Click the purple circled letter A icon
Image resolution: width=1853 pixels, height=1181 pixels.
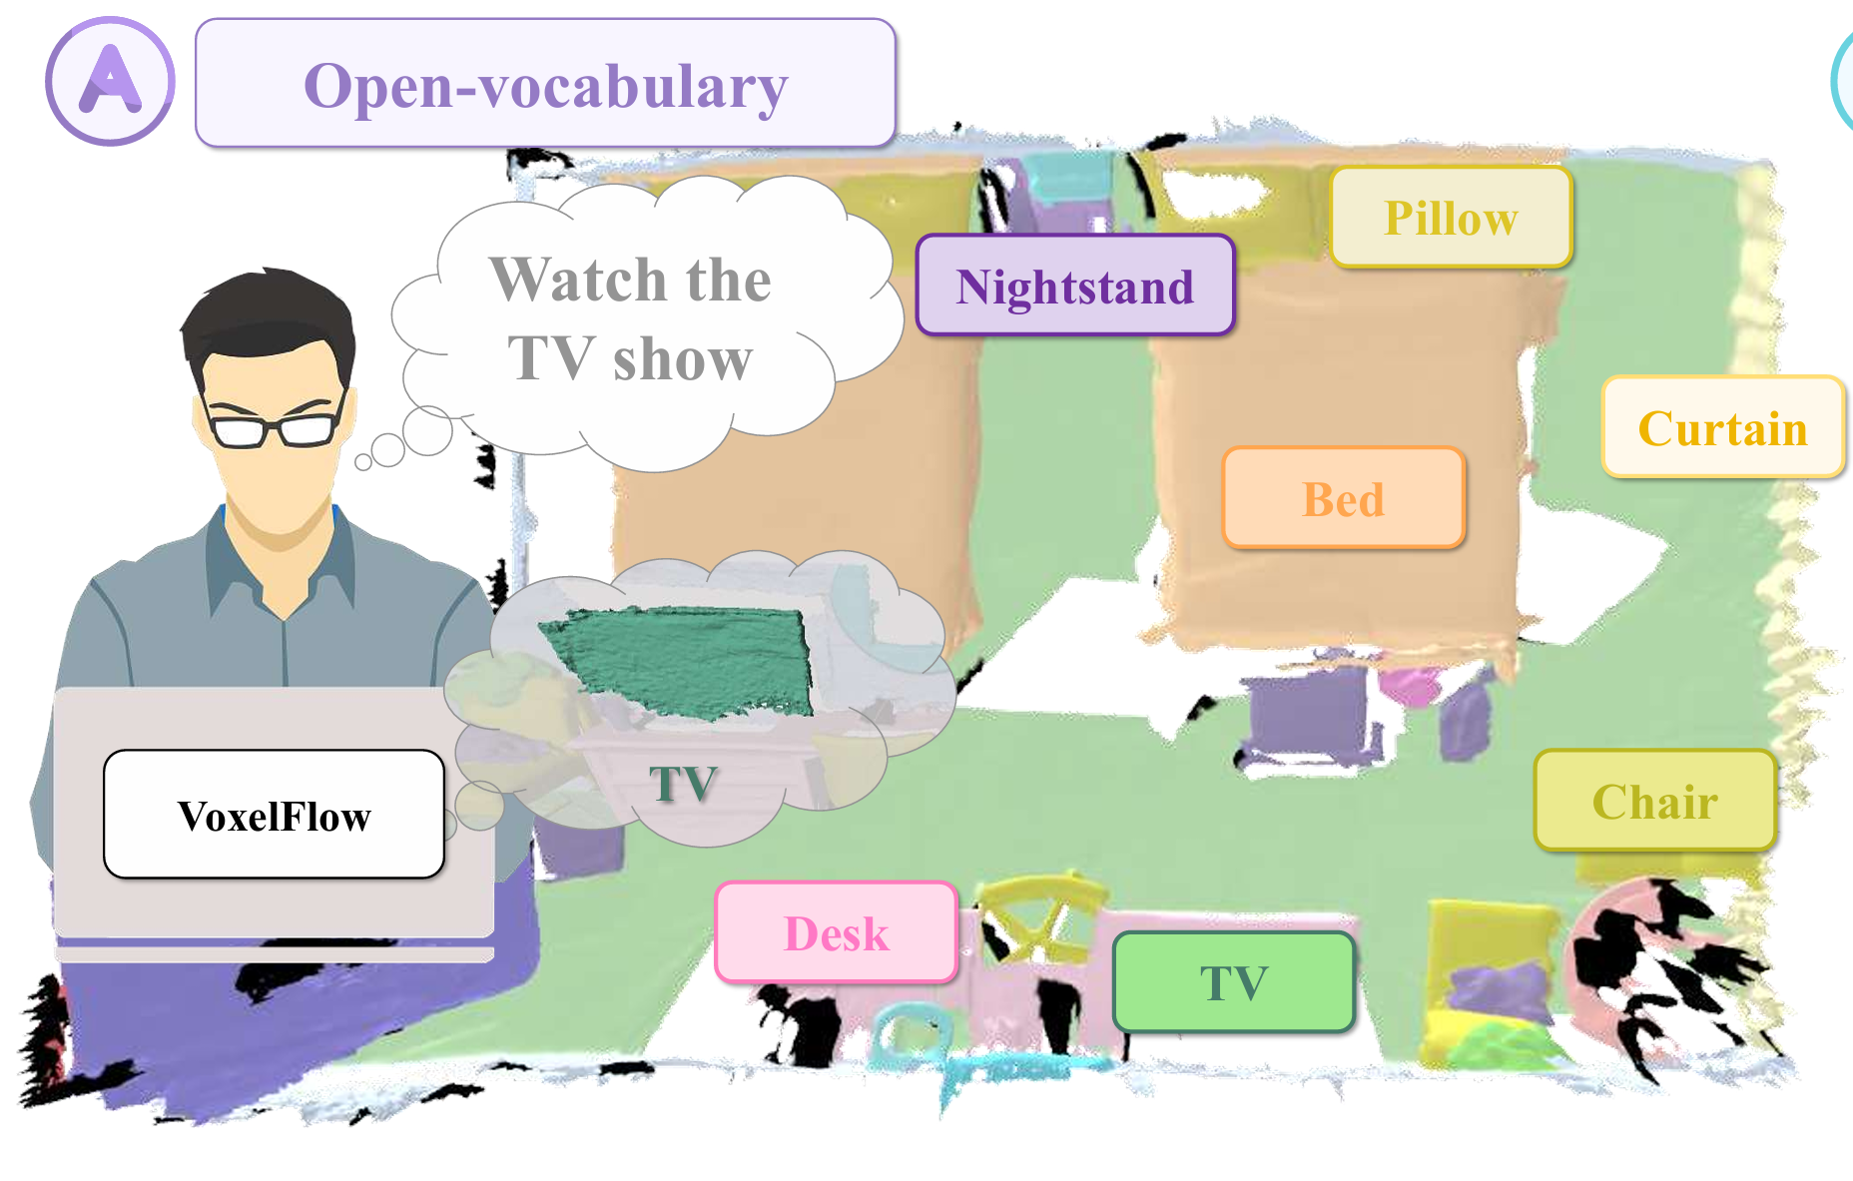coord(110,81)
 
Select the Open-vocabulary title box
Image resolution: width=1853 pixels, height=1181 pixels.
coord(545,84)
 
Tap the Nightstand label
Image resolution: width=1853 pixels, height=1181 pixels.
coord(1075,286)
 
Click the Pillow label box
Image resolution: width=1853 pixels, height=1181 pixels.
coord(1451,218)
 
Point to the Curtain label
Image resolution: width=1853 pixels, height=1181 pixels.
coord(1722,427)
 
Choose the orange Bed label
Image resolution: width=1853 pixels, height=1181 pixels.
coord(1343,498)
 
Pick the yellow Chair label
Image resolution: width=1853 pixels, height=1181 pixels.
coord(1654,801)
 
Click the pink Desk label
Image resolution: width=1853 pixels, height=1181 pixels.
coord(836,932)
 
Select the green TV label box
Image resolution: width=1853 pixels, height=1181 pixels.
coord(1233,981)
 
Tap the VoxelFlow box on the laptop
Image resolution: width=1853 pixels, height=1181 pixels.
coord(274,815)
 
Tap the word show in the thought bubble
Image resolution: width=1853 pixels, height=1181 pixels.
coord(683,359)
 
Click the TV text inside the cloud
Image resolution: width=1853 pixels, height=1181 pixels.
coord(683,784)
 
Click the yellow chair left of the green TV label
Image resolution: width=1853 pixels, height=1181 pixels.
coord(1038,913)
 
